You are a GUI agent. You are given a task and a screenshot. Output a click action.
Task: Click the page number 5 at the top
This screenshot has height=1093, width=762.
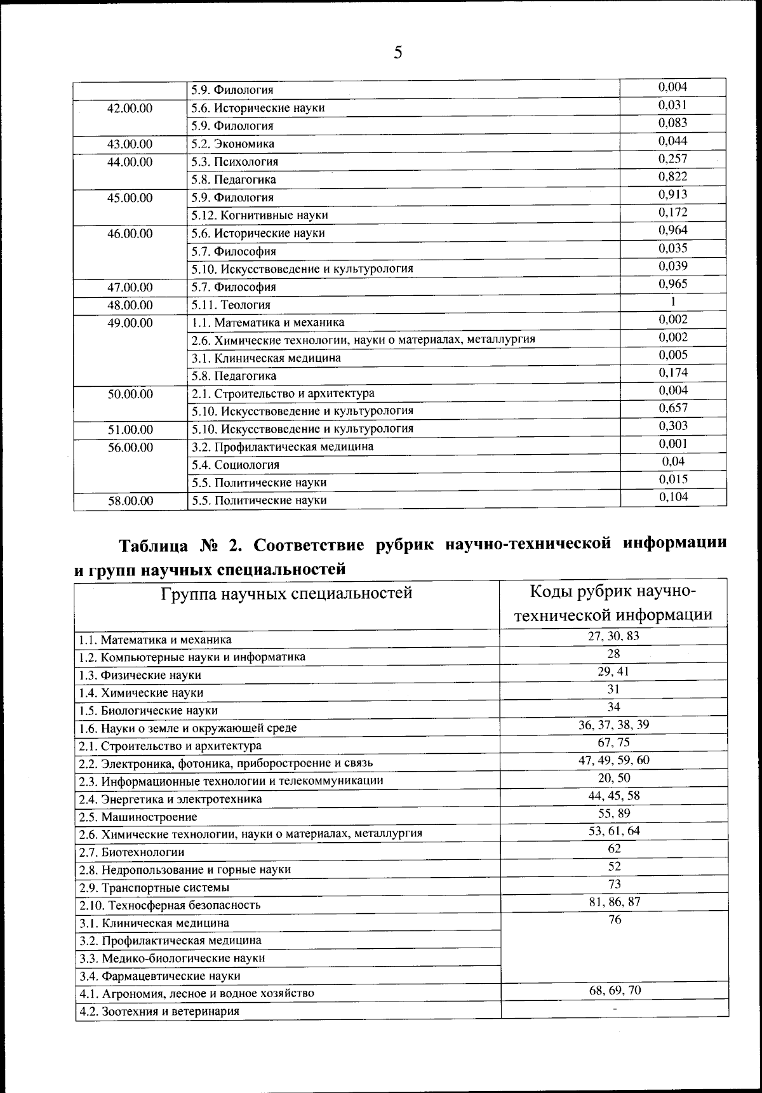point(398,52)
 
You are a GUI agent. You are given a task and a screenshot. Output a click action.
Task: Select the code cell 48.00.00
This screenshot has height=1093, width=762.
point(130,305)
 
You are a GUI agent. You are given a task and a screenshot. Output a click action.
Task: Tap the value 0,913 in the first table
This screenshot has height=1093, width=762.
point(672,194)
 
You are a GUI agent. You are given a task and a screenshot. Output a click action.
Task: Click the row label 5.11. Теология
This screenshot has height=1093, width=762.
point(231,305)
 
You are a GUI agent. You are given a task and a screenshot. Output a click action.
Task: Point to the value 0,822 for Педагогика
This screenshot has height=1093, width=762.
point(672,177)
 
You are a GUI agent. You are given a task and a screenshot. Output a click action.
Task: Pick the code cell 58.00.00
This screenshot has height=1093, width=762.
point(130,500)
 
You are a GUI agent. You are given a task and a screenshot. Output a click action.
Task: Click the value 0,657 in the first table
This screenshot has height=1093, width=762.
point(672,408)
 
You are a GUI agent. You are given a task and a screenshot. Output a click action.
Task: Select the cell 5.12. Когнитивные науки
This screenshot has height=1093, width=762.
point(260,215)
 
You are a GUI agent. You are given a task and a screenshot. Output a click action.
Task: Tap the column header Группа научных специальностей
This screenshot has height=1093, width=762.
point(286,593)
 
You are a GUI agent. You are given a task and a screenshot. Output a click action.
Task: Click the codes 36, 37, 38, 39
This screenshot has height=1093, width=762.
point(613,725)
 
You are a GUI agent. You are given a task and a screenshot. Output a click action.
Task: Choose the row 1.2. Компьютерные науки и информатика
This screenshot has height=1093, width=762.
point(191,657)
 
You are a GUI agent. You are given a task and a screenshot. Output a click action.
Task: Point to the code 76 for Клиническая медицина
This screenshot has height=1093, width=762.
point(614,920)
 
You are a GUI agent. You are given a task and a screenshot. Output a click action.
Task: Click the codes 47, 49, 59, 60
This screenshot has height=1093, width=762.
point(613,760)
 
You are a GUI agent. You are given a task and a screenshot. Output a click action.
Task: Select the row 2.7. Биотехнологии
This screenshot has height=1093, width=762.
point(131,852)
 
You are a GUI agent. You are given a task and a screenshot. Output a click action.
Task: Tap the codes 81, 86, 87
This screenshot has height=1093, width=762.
point(613,902)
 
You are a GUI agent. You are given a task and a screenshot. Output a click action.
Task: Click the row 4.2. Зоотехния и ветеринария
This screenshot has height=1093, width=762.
point(159,1011)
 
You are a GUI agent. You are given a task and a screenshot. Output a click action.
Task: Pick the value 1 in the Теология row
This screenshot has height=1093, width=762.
point(672,302)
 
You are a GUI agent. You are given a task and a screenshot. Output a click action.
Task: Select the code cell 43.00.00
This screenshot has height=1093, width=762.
point(130,144)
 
